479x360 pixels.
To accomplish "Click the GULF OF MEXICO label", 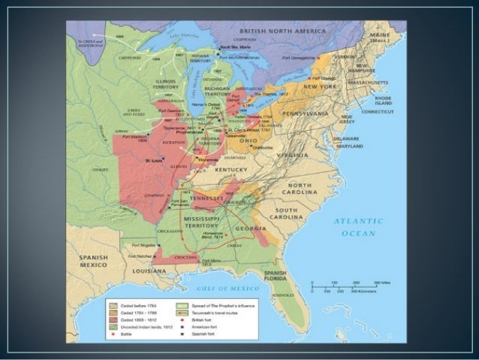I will coord(224,288).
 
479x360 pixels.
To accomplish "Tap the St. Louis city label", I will coord(154,160).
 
